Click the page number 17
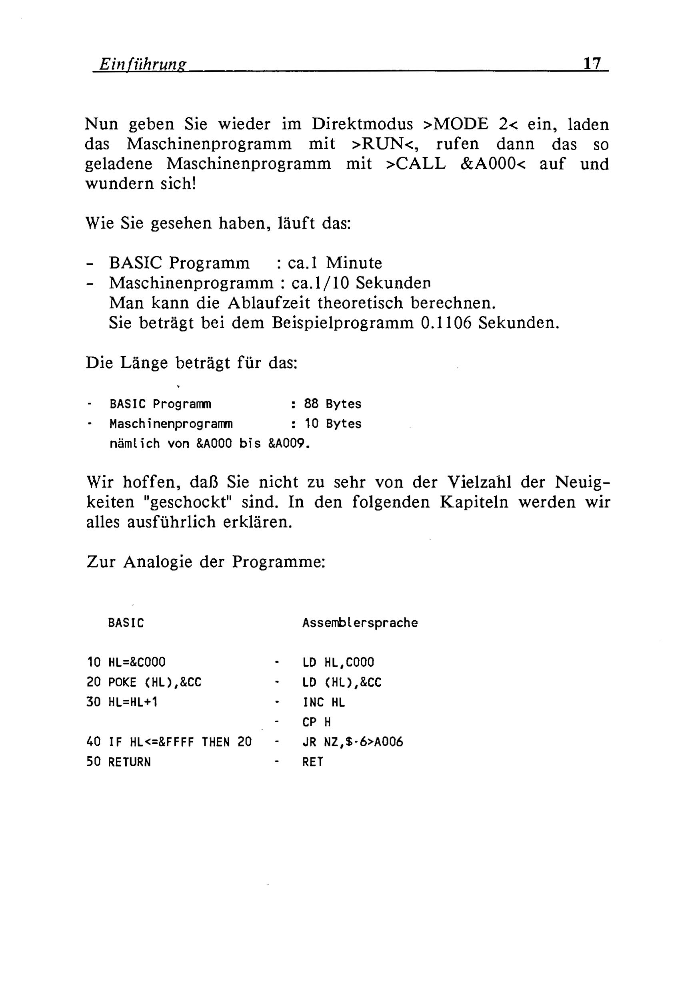(x=592, y=64)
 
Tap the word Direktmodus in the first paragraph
(x=362, y=124)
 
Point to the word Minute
(x=354, y=263)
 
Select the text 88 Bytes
(x=332, y=404)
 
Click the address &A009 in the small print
(x=289, y=443)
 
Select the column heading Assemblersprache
(x=360, y=623)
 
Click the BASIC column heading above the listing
(x=126, y=623)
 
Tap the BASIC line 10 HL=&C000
(x=126, y=662)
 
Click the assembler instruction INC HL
(x=324, y=702)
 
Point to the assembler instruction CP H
(x=316, y=722)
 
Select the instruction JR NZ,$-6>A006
(x=352, y=742)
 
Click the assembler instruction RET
(x=312, y=762)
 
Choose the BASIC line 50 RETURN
(x=119, y=762)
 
